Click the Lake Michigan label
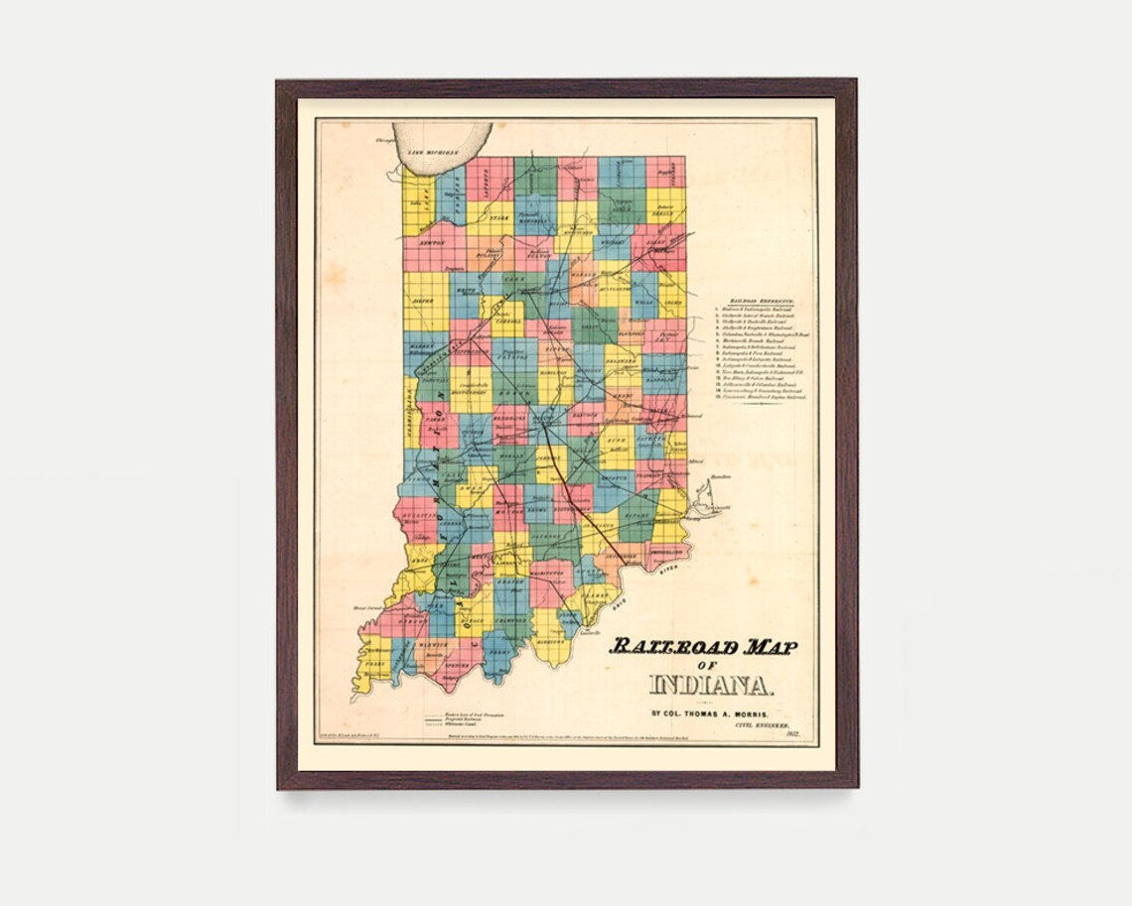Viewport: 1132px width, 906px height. point(434,152)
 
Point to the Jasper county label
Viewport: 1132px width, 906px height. point(425,297)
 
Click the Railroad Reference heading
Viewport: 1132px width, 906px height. point(762,300)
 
